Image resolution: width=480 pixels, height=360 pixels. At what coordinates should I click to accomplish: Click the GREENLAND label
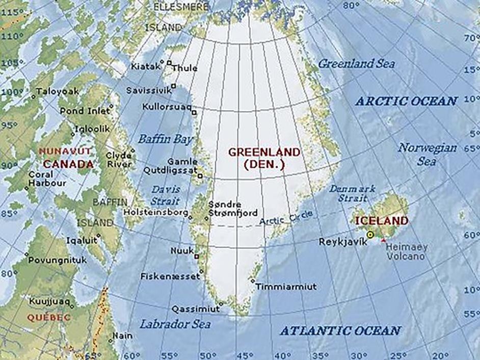[x=264, y=152]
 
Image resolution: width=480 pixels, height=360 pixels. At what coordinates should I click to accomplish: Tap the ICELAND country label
[x=382, y=221]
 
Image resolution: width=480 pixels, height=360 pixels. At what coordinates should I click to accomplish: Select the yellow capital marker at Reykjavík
[x=370, y=234]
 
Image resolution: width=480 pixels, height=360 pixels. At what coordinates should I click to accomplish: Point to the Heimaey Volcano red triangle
[x=383, y=240]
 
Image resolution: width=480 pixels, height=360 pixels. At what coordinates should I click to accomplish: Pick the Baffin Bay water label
[x=166, y=139]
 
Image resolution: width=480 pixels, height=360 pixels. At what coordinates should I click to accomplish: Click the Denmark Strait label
[x=352, y=193]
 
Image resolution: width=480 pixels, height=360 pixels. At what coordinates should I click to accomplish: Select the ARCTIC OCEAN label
[x=406, y=101]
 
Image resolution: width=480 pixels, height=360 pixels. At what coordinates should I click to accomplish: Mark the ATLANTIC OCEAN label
[x=340, y=330]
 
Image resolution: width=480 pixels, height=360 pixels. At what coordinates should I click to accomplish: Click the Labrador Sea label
[x=175, y=324]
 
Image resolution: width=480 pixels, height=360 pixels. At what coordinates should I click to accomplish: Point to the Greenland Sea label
[x=356, y=64]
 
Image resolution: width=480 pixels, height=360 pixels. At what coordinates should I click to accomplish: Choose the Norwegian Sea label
[x=427, y=154]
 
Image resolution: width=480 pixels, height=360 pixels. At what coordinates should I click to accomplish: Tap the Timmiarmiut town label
[x=286, y=287]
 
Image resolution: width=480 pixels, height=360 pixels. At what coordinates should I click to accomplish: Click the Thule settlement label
[x=184, y=68]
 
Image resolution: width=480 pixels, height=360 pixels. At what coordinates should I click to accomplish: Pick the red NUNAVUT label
[x=65, y=151]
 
